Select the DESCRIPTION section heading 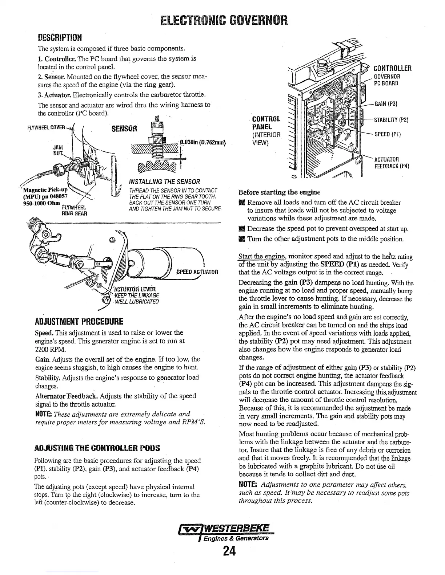point(60,38)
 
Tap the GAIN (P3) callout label point(385,104)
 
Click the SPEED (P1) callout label point(388,134)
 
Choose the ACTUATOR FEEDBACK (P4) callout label point(392,163)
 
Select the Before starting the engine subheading point(279,192)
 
